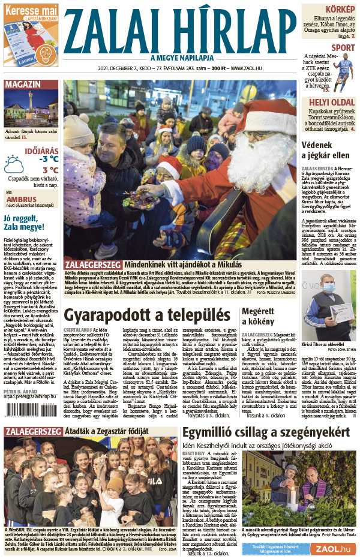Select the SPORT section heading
pos(343,47)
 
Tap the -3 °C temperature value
pos(49,159)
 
